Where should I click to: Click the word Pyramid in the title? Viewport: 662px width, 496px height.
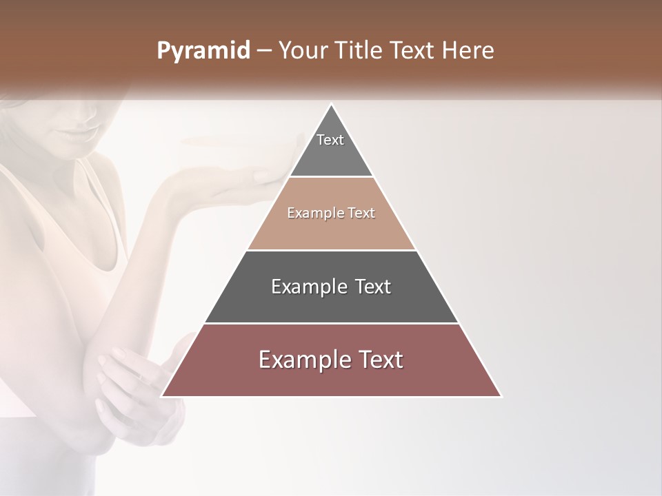[203, 50]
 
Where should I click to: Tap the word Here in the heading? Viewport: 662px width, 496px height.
[468, 50]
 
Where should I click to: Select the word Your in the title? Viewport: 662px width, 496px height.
[303, 50]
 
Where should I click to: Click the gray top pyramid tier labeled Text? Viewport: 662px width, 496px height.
[331, 148]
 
